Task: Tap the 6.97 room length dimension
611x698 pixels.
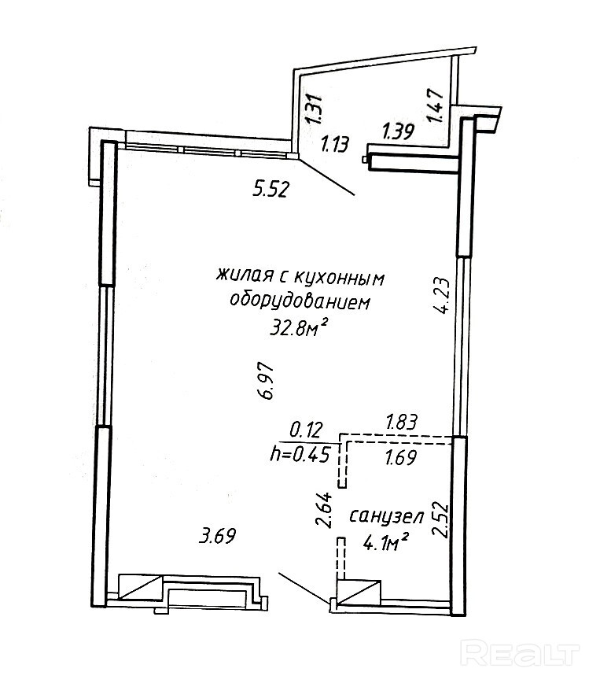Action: [267, 382]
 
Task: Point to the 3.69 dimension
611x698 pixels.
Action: [218, 537]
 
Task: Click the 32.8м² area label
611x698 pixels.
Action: [299, 327]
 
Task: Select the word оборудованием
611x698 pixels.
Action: [299, 301]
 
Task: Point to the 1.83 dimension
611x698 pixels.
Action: [399, 423]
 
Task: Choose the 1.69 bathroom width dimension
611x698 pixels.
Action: [399, 456]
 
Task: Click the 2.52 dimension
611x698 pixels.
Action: [441, 519]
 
